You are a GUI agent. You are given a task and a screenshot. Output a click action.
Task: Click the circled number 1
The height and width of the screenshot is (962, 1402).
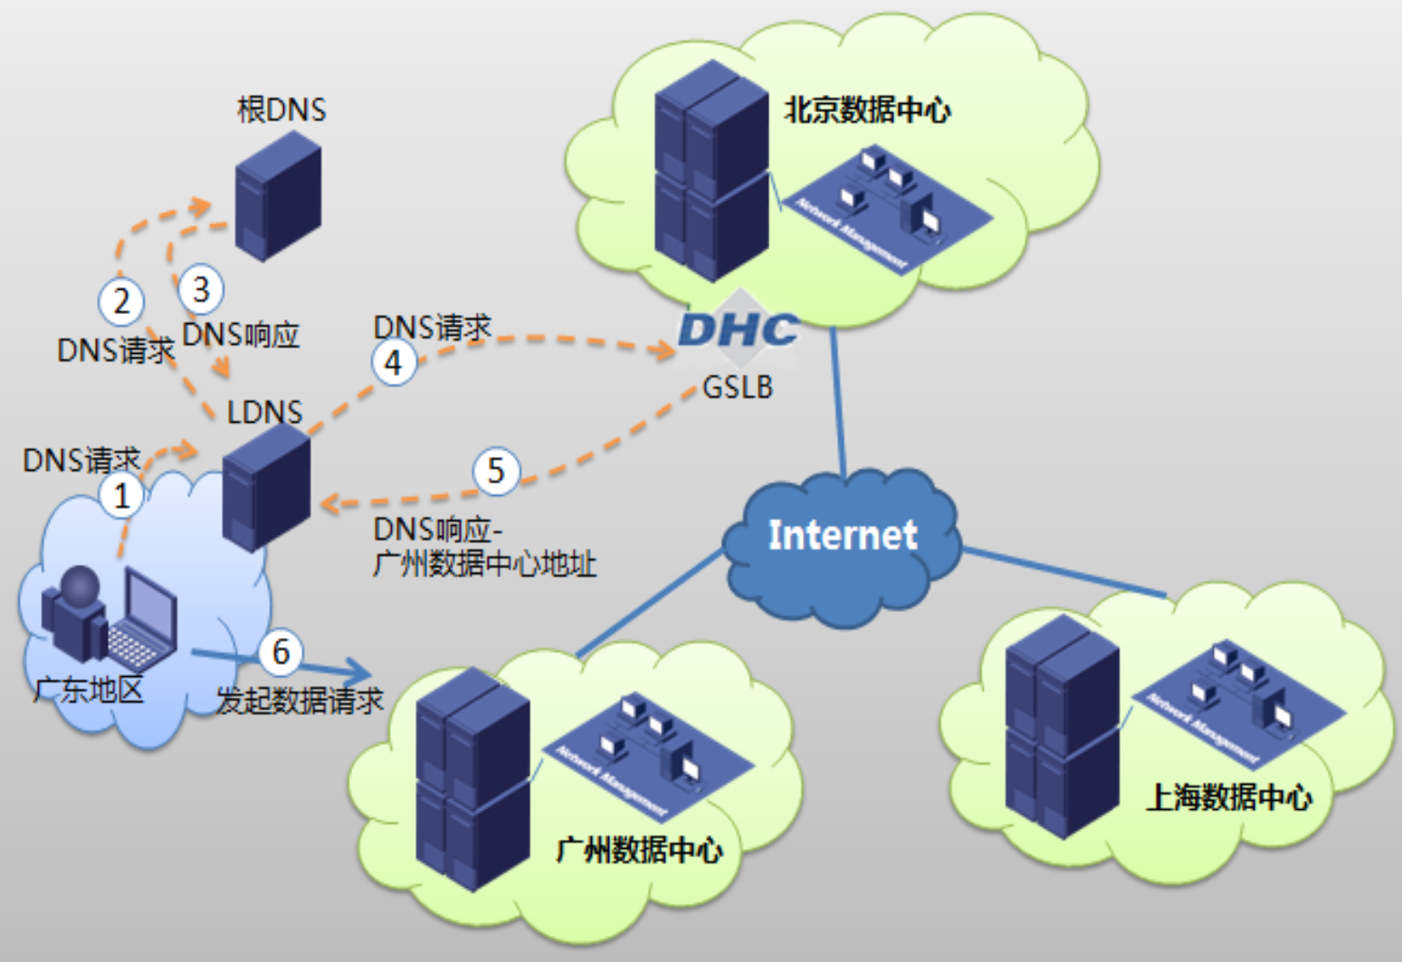(121, 496)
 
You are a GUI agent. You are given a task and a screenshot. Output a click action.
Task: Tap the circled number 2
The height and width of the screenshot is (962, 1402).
(121, 301)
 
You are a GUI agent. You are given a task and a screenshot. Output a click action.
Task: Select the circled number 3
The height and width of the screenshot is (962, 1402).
(201, 290)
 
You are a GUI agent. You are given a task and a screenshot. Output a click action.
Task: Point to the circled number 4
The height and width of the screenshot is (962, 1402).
(394, 363)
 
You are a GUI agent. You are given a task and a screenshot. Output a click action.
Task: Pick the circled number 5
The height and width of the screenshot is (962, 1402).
(496, 471)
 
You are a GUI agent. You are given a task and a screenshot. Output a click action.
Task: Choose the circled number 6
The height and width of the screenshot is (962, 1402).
(281, 652)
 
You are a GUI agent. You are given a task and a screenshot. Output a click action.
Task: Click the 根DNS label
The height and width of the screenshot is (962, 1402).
(281, 110)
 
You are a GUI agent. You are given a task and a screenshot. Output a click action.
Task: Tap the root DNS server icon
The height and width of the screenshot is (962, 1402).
(278, 195)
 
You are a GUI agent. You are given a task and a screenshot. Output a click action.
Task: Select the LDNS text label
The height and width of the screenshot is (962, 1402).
(264, 413)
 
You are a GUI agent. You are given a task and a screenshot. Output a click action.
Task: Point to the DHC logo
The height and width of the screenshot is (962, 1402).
(739, 330)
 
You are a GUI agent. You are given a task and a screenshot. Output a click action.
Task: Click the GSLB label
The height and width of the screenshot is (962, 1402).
(738, 387)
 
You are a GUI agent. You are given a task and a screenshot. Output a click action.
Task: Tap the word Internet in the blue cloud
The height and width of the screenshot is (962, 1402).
(843, 535)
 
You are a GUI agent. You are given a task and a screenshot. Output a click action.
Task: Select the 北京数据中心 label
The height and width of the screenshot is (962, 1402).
(867, 110)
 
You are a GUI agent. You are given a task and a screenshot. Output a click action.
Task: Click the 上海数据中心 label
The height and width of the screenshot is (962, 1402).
(1229, 797)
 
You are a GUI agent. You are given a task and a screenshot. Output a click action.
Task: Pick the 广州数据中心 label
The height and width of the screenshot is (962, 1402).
(639, 850)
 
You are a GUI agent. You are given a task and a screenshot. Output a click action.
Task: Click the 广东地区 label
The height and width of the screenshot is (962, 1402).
(89, 691)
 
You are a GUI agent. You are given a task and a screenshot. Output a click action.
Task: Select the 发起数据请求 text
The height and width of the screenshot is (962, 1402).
(300, 700)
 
